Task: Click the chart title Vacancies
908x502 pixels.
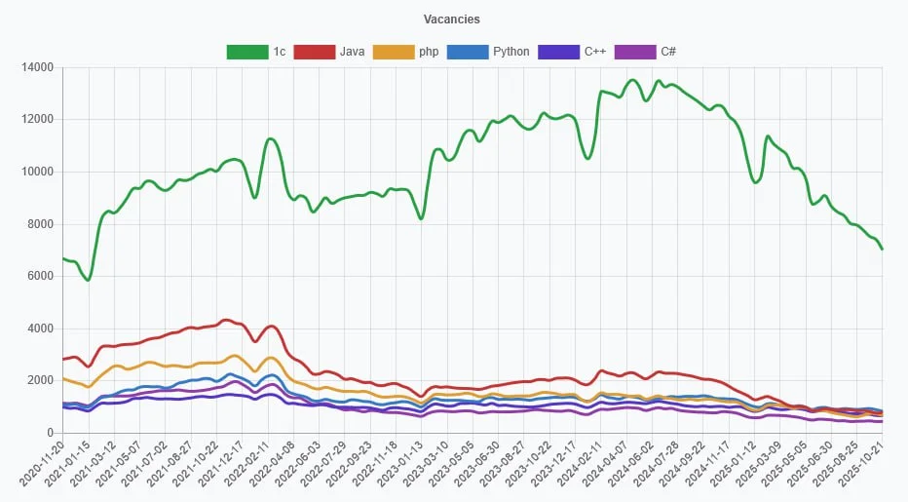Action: click(x=452, y=19)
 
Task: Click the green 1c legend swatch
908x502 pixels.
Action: click(x=246, y=52)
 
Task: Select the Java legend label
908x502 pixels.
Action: click(x=353, y=52)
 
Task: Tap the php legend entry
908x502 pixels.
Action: click(x=429, y=52)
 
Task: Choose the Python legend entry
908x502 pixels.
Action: click(x=511, y=52)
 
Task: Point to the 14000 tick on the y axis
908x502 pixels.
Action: click(x=37, y=68)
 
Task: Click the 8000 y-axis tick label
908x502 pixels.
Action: click(x=40, y=224)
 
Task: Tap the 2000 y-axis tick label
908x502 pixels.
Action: click(x=40, y=381)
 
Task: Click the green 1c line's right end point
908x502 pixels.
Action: click(x=882, y=249)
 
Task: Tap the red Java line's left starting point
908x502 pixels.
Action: click(x=63, y=360)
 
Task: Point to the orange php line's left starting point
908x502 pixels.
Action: click(x=63, y=378)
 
